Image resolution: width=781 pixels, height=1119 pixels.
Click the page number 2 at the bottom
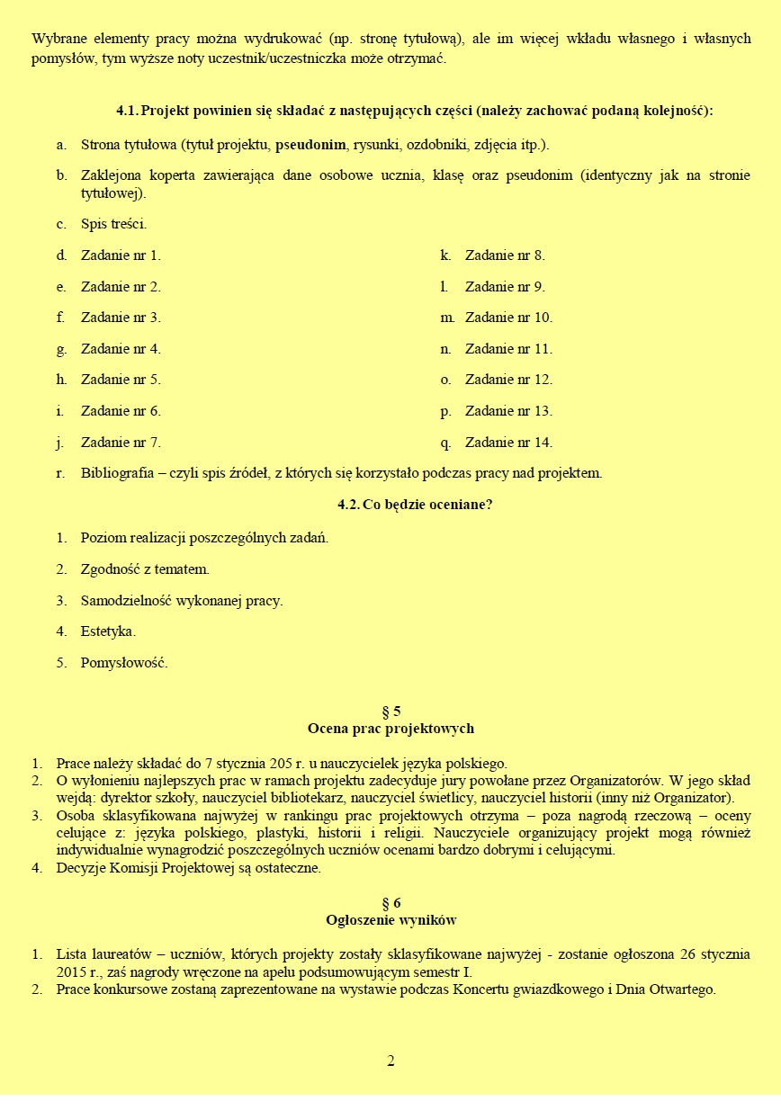point(390,1061)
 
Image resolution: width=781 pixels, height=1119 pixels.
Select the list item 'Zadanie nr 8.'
point(504,255)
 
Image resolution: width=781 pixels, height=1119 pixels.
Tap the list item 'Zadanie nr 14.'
point(507,443)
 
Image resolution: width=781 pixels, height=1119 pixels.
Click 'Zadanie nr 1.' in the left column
point(121,255)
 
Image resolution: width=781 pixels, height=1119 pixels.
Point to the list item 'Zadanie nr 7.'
point(121,443)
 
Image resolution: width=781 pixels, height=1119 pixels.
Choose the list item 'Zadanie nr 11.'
point(507,349)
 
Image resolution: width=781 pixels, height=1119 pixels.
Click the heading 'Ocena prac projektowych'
point(390,729)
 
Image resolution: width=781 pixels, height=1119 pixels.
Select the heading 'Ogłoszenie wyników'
point(390,920)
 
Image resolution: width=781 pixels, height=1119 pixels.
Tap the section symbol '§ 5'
point(390,711)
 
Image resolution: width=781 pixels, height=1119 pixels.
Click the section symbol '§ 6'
point(390,902)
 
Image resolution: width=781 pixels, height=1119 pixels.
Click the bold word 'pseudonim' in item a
point(311,144)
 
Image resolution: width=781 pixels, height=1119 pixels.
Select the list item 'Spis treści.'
point(113,224)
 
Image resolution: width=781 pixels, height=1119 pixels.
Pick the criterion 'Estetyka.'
point(108,631)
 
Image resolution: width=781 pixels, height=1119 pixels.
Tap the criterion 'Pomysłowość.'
point(124,663)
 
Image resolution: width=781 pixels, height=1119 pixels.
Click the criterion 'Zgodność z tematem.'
point(145,569)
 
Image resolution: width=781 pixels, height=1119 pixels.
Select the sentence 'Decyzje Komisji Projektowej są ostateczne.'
point(188,868)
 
